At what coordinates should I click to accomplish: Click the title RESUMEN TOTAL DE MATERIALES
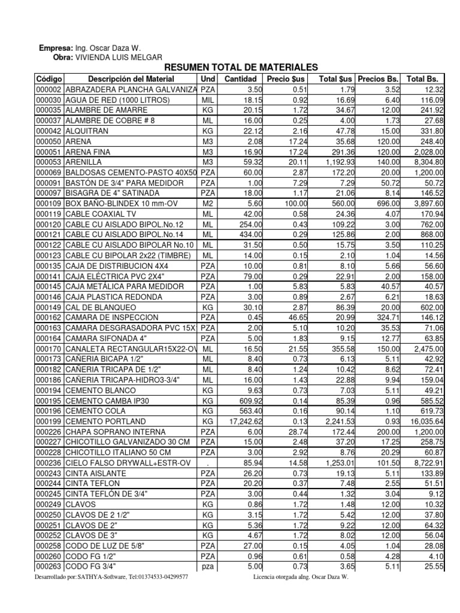click(x=240, y=67)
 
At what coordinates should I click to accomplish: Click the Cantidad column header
click(x=240, y=79)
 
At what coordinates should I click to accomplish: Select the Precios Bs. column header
click(x=378, y=79)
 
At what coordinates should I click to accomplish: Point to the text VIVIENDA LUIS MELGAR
click(x=117, y=57)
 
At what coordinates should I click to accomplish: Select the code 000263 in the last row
click(x=49, y=566)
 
